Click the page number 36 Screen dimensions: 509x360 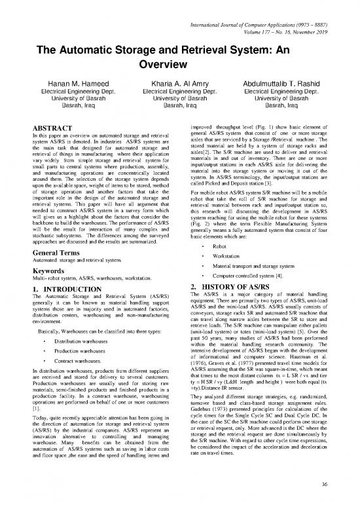[339, 485]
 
